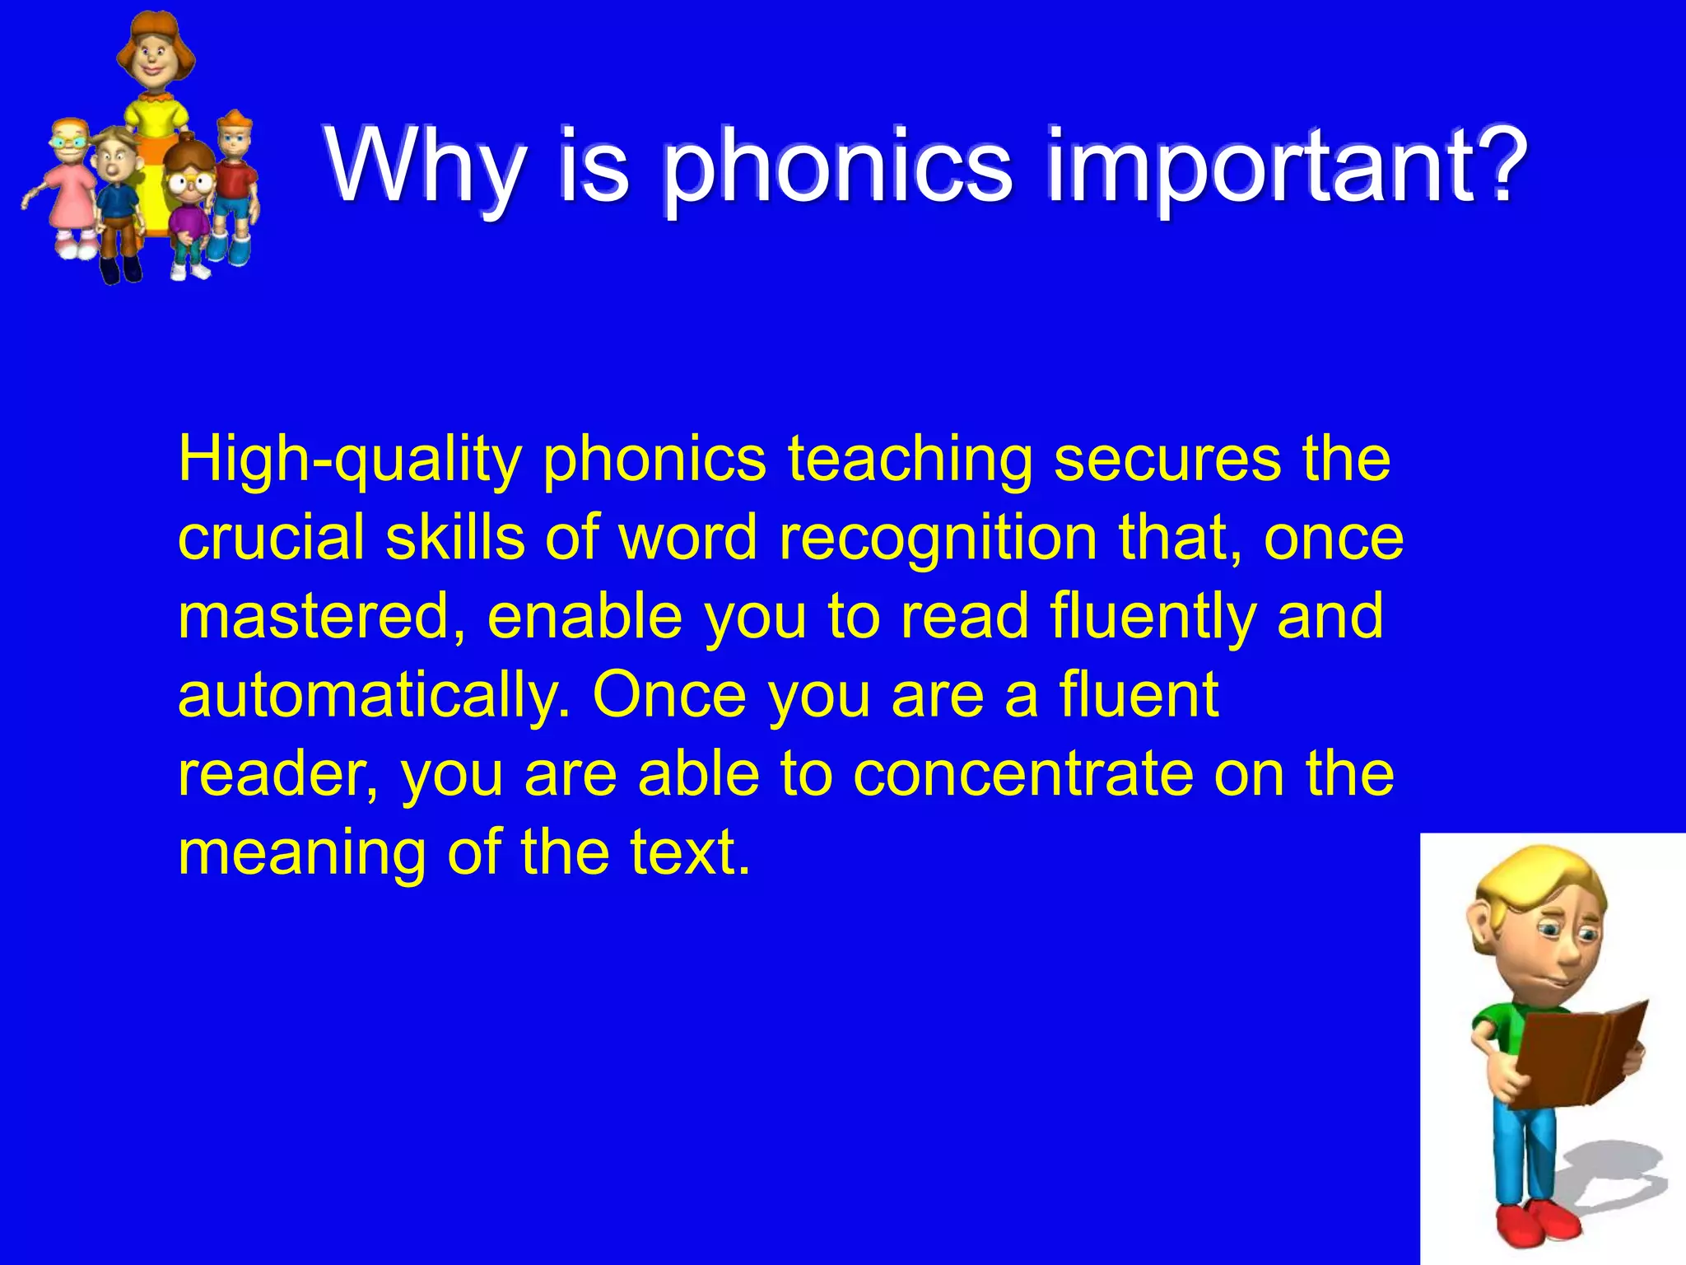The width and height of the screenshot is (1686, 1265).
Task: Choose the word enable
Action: pos(585,618)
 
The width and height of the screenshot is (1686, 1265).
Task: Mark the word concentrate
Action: pos(1022,775)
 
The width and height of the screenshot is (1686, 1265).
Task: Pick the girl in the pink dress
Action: pos(69,189)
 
